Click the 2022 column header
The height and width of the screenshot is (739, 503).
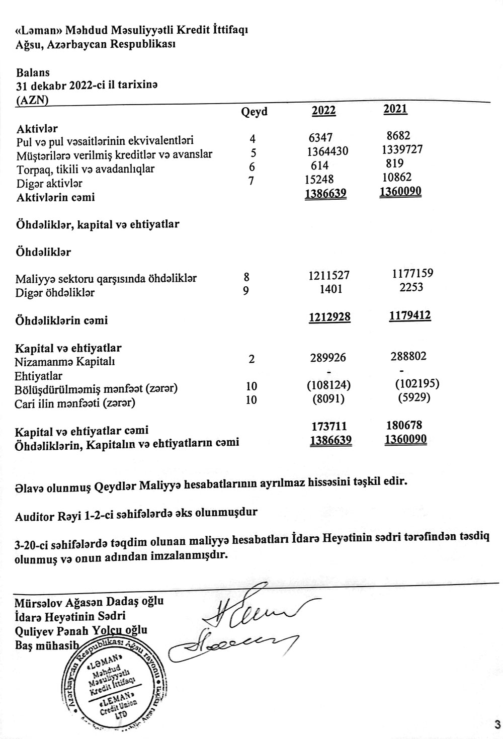pyautogui.click(x=324, y=111)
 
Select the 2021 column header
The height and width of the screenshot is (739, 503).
pyautogui.click(x=395, y=109)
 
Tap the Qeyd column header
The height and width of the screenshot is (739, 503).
pyautogui.click(x=255, y=112)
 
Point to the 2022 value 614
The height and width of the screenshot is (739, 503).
pyautogui.click(x=319, y=166)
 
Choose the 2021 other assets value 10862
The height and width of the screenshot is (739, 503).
pyautogui.click(x=397, y=177)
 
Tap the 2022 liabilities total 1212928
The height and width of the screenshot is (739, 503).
pyautogui.click(x=329, y=317)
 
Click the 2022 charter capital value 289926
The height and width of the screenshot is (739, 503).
pyautogui.click(x=328, y=358)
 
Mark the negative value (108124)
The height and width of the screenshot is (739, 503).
pyautogui.click(x=328, y=385)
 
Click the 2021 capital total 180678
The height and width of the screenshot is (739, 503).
pyautogui.click(x=403, y=426)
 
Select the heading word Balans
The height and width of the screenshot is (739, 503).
pyautogui.click(x=33, y=73)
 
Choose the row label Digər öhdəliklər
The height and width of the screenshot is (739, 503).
pyautogui.click(x=55, y=292)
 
